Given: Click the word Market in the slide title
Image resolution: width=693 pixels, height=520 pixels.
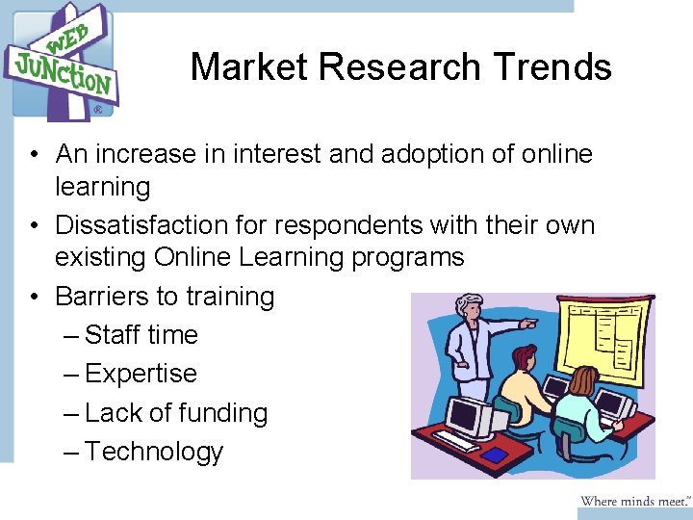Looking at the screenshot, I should tap(248, 67).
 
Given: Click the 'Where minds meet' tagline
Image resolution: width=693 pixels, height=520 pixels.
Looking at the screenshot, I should tap(634, 501).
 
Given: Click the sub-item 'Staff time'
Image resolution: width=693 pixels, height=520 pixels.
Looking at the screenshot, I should tap(141, 335).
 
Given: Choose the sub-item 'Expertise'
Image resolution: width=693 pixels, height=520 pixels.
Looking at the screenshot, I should tap(141, 374).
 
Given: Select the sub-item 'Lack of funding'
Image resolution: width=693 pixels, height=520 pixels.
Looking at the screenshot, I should tap(176, 413).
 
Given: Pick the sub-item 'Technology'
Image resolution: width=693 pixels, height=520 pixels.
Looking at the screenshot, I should tap(154, 452).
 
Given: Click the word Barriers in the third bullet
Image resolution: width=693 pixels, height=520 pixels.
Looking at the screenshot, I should tap(96, 297).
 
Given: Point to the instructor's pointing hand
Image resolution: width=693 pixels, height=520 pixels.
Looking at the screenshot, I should tap(528, 325).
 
